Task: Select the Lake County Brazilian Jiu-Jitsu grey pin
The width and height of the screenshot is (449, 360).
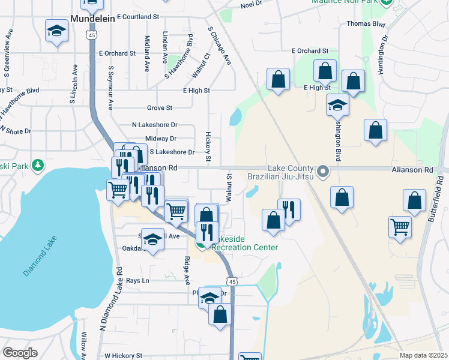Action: tap(323, 172)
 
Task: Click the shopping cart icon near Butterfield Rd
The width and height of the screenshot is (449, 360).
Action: tap(400, 227)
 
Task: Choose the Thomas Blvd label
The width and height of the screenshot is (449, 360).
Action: tap(366, 25)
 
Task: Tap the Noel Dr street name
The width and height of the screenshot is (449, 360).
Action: tap(252, 4)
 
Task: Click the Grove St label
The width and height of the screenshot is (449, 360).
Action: tap(160, 108)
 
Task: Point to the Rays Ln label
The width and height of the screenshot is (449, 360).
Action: tap(137, 280)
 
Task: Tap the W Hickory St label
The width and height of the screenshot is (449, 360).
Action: tap(123, 355)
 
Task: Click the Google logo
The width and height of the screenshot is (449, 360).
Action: tap(20, 353)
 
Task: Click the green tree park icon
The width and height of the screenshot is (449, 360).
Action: tap(38, 164)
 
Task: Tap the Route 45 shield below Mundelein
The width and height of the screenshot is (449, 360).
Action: tap(91, 36)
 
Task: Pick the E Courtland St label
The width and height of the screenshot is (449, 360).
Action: tap(137, 17)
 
